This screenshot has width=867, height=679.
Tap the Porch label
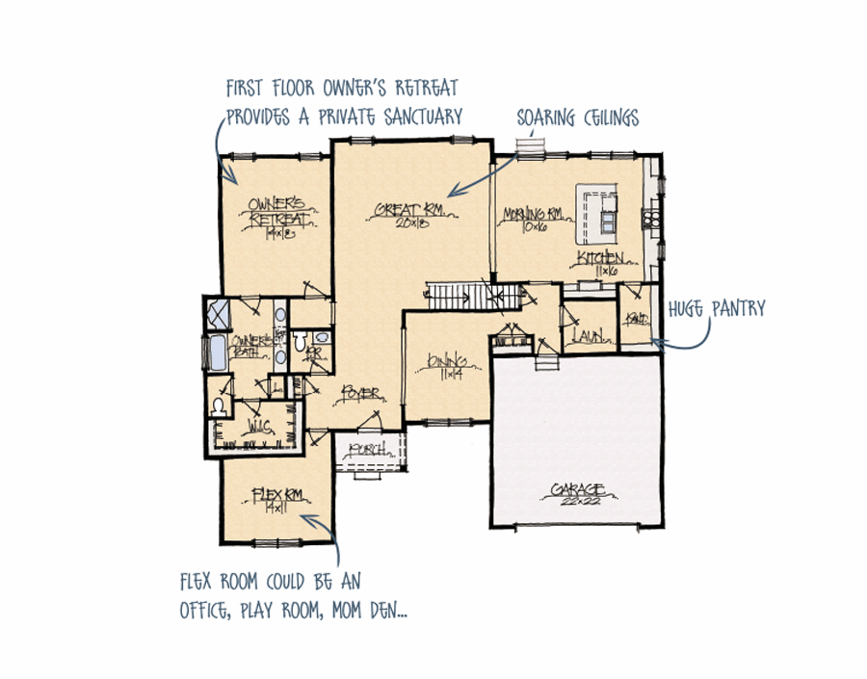(369, 449)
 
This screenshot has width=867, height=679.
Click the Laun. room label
(586, 336)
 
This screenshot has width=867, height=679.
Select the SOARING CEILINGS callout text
(577, 118)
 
